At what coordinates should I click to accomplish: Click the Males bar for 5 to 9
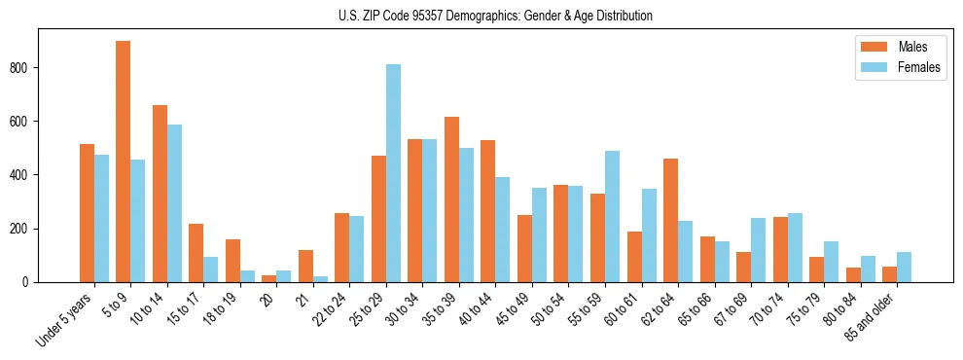click(124, 162)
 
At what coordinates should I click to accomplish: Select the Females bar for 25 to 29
click(393, 173)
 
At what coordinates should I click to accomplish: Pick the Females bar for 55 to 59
click(613, 216)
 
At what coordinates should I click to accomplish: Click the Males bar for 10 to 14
click(160, 194)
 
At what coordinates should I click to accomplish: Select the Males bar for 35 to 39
click(451, 199)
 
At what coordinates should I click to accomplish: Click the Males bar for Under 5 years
click(87, 213)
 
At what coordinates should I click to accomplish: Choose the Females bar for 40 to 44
click(503, 230)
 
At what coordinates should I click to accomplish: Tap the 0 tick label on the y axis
click(29, 282)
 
